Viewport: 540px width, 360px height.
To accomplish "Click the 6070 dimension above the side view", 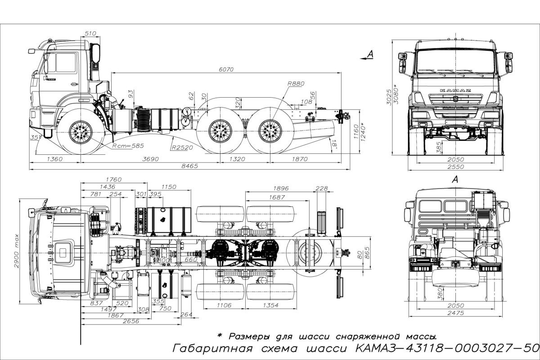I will pos(228,69).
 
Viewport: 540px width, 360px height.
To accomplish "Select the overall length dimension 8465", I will pos(189,166).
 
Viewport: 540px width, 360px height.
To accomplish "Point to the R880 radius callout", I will pos(295,84).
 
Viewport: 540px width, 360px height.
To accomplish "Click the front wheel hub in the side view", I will pos(82,132).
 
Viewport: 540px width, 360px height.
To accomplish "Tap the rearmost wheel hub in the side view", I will pos(271,132).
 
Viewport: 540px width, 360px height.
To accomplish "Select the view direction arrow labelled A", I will pos(368,55).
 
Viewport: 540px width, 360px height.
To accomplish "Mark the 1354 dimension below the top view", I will pos(269,306).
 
